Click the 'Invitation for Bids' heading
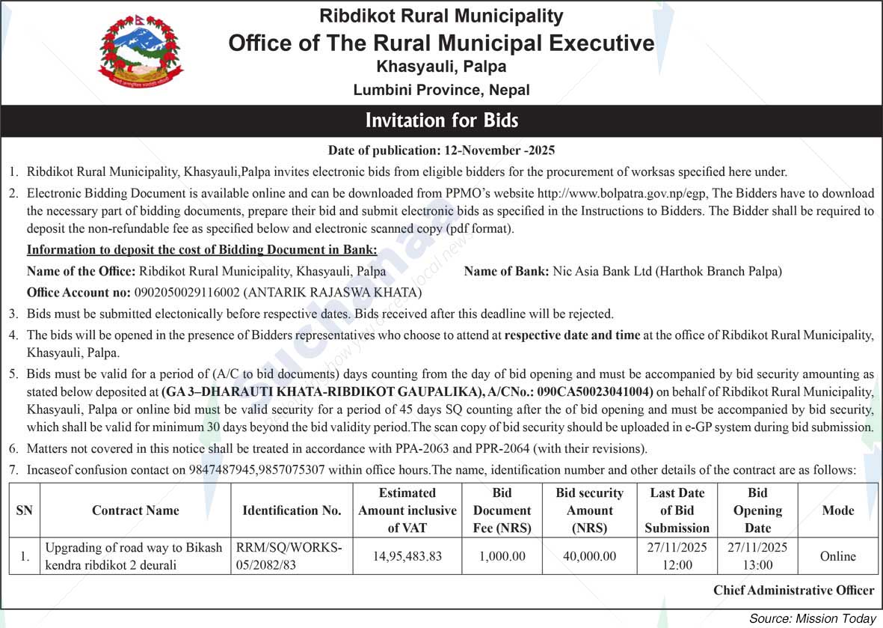click(x=441, y=121)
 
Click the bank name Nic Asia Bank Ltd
click(x=603, y=272)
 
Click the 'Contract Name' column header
click(x=135, y=510)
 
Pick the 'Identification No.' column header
click(x=292, y=510)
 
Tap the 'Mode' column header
click(x=837, y=510)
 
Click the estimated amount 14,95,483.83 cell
click(x=407, y=556)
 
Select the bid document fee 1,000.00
click(x=502, y=556)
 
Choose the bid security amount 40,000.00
click(x=589, y=556)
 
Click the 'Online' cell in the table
click(x=837, y=556)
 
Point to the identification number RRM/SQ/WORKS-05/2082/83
click(x=289, y=556)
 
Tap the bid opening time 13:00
click(x=757, y=565)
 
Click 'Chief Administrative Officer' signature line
click(x=793, y=591)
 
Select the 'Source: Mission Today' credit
click(x=812, y=618)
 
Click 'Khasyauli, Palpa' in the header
click(x=441, y=67)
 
